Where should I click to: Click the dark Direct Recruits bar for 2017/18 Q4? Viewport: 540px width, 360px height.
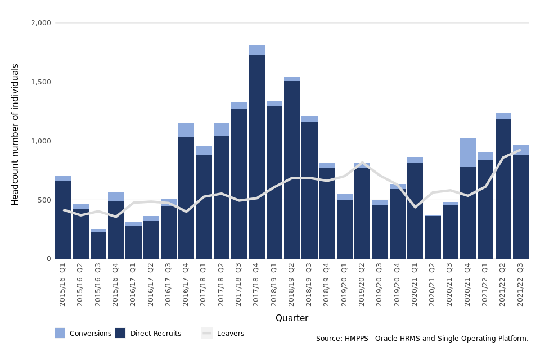coord(256,157)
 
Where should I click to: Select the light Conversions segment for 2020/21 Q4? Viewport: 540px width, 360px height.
coord(468,152)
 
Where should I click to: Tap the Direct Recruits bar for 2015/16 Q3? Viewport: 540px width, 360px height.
coord(98,245)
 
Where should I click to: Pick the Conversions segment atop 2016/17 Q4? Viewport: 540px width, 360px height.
coord(186,130)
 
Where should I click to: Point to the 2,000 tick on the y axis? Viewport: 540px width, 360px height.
coord(40,23)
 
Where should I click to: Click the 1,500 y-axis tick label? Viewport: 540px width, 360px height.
coord(40,82)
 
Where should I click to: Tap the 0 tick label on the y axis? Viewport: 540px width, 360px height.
coord(48,259)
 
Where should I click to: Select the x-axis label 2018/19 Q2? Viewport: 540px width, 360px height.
coord(291,284)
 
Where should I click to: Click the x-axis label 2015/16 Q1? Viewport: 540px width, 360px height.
coord(62,284)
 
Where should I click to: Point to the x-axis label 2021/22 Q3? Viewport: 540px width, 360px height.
coord(520,284)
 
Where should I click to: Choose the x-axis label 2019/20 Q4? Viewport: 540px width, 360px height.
coord(397,284)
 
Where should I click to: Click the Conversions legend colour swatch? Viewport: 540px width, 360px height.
coord(60,333)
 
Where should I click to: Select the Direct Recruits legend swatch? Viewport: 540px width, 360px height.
coord(120,333)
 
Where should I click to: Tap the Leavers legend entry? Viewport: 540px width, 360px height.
coord(223,334)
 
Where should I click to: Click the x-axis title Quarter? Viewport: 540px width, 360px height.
coord(291,318)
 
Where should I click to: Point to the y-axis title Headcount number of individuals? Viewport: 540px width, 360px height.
coord(16,134)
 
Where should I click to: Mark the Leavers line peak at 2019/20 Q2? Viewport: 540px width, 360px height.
coord(362,163)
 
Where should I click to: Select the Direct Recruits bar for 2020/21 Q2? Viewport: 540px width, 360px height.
coord(433,237)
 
